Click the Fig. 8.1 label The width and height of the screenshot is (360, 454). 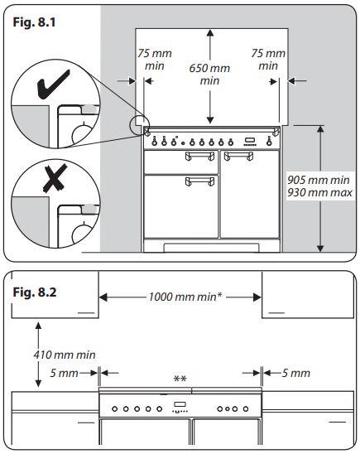tap(34, 22)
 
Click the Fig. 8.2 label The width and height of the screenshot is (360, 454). tap(35, 292)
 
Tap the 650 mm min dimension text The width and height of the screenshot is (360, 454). tap(209, 75)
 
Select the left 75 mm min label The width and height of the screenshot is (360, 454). tap(155, 60)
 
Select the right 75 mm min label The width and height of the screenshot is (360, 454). tap(268, 60)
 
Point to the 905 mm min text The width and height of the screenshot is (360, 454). tap(319, 180)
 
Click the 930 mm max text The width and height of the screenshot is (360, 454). tap(319, 192)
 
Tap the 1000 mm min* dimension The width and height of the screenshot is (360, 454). tap(185, 297)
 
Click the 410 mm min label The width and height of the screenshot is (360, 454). tap(65, 355)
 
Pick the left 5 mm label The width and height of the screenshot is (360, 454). tap(64, 373)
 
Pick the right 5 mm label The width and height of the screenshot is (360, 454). tap(295, 373)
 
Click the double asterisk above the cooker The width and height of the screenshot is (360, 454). tap(180, 379)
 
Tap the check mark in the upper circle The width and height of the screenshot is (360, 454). tap(54, 85)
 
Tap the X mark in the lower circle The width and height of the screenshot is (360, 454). tap(55, 178)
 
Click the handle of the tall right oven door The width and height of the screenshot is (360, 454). tap(238, 156)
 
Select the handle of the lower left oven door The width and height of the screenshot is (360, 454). tap(199, 181)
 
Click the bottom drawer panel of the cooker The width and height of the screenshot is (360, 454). tap(211, 248)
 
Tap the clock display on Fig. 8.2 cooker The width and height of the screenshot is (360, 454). tap(180, 404)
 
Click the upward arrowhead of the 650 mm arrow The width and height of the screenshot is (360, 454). tap(210, 32)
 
